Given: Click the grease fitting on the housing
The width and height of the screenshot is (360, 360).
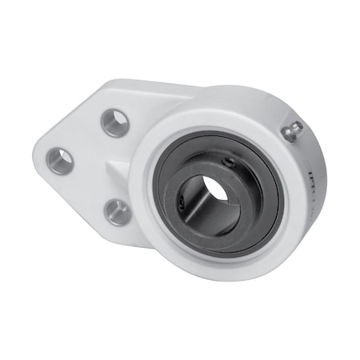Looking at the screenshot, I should [290, 131].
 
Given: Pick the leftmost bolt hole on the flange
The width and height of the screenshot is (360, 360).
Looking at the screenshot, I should [62, 161].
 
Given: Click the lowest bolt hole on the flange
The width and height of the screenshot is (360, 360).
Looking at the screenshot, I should [117, 211].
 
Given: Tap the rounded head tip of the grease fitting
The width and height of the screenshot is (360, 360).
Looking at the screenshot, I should [294, 129].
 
